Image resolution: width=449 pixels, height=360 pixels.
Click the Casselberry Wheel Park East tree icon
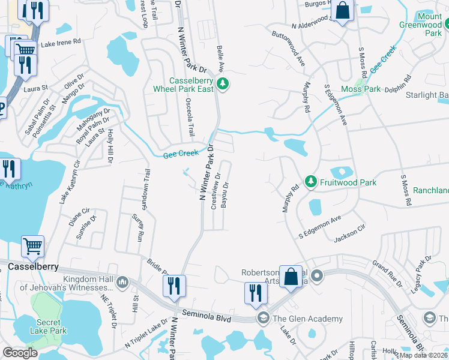click(223, 84)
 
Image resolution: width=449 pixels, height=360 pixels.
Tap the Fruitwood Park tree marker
click(310, 181)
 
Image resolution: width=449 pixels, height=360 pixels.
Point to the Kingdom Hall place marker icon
click(122, 281)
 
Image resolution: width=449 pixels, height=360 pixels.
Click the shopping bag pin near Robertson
click(291, 277)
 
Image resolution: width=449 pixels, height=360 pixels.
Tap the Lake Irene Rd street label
click(60, 42)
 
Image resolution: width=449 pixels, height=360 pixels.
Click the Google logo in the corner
click(20, 353)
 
